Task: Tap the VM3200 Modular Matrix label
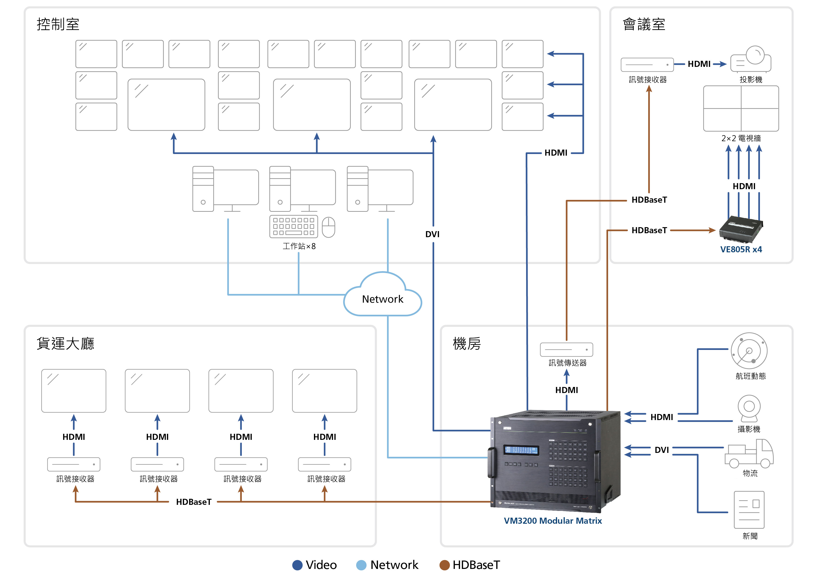point(553,521)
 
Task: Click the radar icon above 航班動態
point(749,351)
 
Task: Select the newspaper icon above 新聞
point(749,510)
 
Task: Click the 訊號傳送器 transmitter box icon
point(566,349)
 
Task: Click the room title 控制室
point(58,24)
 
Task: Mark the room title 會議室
point(644,24)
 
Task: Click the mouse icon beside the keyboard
point(328,227)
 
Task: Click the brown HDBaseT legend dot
point(444,565)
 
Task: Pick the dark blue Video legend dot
point(297,565)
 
